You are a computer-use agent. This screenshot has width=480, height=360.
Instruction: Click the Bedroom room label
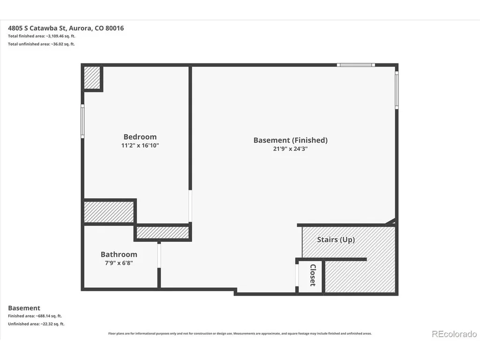(x=140, y=137)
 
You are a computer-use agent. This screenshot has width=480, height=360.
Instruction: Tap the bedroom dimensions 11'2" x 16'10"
(x=140, y=145)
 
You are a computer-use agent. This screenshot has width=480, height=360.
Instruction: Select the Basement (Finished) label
(x=291, y=140)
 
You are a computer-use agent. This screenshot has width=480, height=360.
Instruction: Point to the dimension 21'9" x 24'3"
(x=290, y=149)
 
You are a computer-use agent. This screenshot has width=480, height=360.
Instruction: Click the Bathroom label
(x=119, y=255)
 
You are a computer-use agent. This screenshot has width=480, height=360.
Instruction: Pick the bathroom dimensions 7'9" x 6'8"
(x=119, y=263)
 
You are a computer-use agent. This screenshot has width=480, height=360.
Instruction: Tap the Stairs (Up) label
(x=336, y=240)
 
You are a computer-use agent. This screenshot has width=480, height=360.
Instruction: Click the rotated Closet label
(x=313, y=275)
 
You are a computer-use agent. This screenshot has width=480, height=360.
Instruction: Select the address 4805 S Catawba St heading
(x=66, y=28)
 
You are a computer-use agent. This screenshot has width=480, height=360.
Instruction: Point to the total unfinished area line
(x=41, y=44)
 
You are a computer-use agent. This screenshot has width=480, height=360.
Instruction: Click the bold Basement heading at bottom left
(x=24, y=308)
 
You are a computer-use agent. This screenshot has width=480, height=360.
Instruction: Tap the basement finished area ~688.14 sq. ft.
(x=49, y=316)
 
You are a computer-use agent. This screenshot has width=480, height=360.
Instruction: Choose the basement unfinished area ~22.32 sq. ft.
(x=52, y=324)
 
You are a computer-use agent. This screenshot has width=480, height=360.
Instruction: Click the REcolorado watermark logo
(x=454, y=334)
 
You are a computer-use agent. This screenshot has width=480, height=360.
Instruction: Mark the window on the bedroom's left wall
(x=82, y=121)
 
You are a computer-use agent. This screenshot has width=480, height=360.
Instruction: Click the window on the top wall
(x=356, y=65)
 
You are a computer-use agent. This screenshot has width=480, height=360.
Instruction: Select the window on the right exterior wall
(x=397, y=90)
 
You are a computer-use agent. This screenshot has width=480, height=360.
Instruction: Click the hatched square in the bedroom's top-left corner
(x=92, y=78)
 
